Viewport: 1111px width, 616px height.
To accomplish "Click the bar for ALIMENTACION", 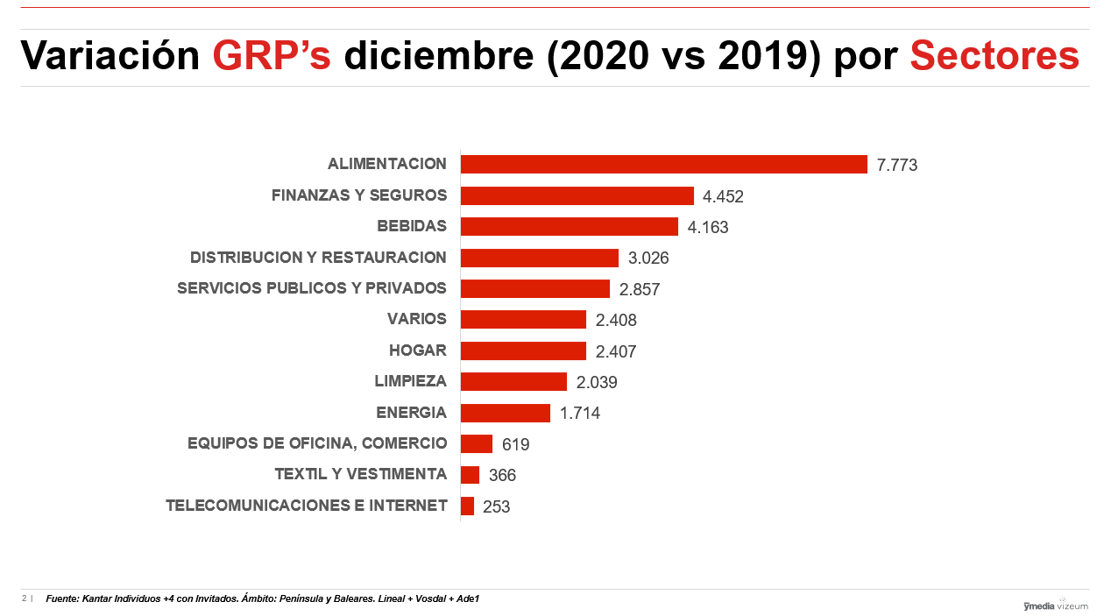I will (x=663, y=165).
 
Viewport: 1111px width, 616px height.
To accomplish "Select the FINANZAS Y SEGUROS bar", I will (x=577, y=195).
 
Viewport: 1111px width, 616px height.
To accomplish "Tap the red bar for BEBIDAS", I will (x=569, y=227).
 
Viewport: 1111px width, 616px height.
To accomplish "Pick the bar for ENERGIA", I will (x=505, y=413).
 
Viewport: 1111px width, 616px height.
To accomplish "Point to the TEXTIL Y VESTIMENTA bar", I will (x=470, y=475).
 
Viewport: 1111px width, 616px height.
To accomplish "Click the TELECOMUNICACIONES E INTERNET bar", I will (x=467, y=506).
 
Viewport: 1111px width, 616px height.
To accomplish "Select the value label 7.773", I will (x=896, y=165).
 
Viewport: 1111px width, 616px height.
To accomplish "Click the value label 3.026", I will (x=648, y=258).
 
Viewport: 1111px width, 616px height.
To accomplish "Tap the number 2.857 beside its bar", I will (x=639, y=289).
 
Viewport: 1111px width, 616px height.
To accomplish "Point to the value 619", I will (x=515, y=444).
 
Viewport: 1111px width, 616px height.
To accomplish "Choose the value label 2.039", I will (x=597, y=382).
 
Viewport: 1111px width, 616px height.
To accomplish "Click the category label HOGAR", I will (x=417, y=350).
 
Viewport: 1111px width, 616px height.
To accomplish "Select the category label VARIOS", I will (x=416, y=319).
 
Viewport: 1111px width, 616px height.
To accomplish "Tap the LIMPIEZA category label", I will (x=410, y=381).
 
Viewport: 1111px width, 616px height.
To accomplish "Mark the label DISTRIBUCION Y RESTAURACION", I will (x=318, y=258).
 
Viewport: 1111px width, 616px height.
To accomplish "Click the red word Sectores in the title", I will (x=994, y=56).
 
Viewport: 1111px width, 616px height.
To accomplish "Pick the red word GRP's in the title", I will (x=272, y=56).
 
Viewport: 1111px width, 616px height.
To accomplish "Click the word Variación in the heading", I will (x=110, y=56).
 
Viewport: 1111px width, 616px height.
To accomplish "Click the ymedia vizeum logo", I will (x=1055, y=605).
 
